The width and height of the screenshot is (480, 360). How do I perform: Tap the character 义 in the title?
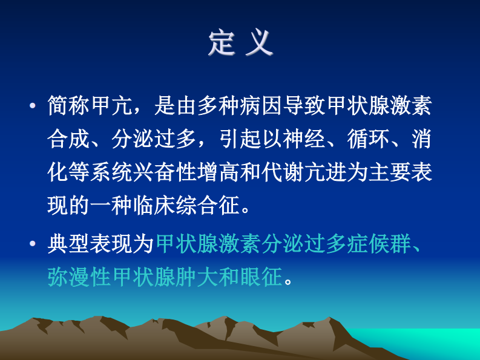click(260, 44)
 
